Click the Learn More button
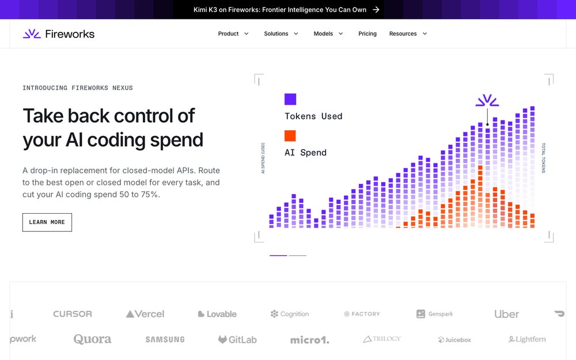(x=47, y=222)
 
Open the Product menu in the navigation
(x=233, y=34)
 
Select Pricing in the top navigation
(x=367, y=34)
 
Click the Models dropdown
(x=328, y=34)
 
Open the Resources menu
(x=408, y=34)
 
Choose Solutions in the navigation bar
(x=281, y=34)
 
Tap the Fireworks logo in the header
(x=59, y=34)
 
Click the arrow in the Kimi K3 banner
(x=376, y=10)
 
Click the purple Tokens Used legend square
(x=290, y=99)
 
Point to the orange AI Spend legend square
(x=290, y=135)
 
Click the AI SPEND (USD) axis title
(x=263, y=158)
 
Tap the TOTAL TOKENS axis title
(x=544, y=158)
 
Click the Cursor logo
(x=73, y=314)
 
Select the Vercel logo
(x=145, y=314)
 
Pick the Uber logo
(x=506, y=314)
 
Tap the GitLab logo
(x=237, y=339)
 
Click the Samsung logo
(x=165, y=339)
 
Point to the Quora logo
(x=92, y=339)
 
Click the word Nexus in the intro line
(x=123, y=88)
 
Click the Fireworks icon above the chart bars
(x=487, y=101)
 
